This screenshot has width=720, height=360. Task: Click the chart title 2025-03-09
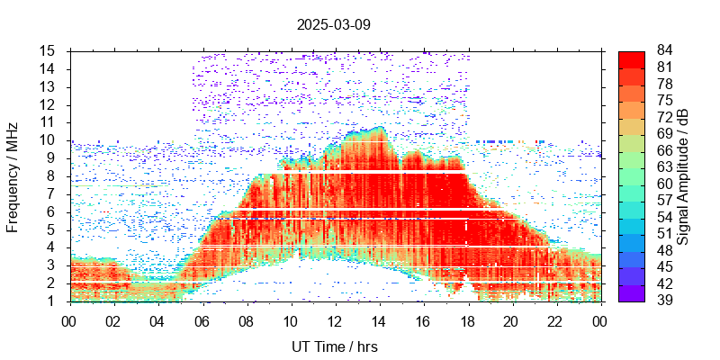tap(333, 25)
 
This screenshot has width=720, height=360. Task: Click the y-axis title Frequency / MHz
tap(13, 175)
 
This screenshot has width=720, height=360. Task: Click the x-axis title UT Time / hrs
tap(333, 346)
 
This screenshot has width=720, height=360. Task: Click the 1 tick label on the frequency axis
tap(55, 301)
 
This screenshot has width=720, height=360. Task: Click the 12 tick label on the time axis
tap(334, 319)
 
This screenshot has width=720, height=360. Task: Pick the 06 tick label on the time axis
tap(202, 319)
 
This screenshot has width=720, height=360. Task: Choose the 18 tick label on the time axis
tap(466, 319)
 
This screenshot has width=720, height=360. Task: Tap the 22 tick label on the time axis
tap(554, 319)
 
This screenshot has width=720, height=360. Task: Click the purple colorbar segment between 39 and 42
tap(631, 292)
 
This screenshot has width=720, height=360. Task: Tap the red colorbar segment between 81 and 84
tap(631, 58)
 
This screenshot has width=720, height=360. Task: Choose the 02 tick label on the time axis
tap(113, 319)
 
